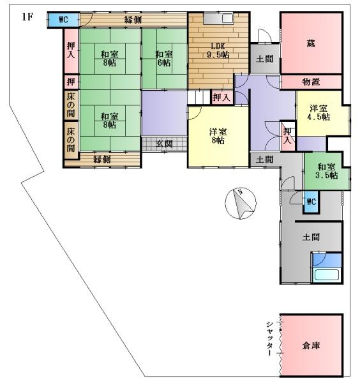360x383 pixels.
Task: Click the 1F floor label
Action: coord(27,17)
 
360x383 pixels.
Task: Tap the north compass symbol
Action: coord(241,203)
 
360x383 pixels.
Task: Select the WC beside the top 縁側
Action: coord(63,20)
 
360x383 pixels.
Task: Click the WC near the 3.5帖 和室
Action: coord(311,202)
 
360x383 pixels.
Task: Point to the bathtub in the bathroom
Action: coord(327,274)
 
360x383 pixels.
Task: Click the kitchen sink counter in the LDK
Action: coord(218,19)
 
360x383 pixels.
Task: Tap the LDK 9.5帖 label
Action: coord(218,50)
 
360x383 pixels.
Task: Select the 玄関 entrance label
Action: coord(165,144)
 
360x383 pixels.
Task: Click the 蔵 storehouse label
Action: coord(311,43)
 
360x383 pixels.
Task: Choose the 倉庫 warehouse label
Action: coord(311,345)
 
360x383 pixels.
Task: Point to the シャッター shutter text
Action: coord(269,338)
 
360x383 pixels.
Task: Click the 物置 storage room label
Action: coord(311,82)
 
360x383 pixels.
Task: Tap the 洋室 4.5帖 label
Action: coord(319,112)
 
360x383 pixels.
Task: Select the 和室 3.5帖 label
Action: coord(326,171)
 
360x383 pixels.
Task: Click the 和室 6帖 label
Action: coord(164,58)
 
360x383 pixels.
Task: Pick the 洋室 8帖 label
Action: coord(218,136)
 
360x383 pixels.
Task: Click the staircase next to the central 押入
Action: coord(199,97)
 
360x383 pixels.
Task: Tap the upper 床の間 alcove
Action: coord(71,105)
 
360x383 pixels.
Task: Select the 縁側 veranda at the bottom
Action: coord(103,160)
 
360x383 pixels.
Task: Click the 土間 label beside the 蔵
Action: coord(265,59)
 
